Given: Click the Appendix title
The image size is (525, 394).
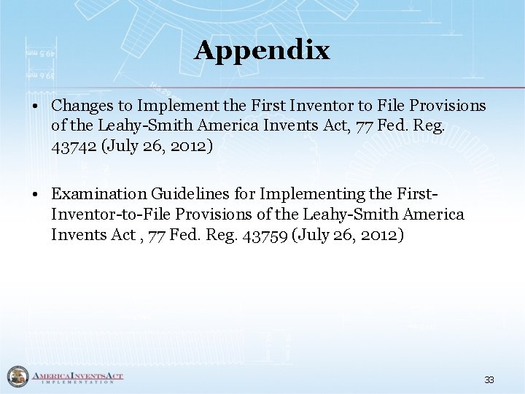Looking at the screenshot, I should click(262, 50).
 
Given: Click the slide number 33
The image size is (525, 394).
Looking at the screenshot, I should click(489, 379).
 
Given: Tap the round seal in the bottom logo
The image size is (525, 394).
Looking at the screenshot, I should click(15, 377).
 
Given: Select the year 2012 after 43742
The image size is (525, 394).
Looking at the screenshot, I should click(186, 146).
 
